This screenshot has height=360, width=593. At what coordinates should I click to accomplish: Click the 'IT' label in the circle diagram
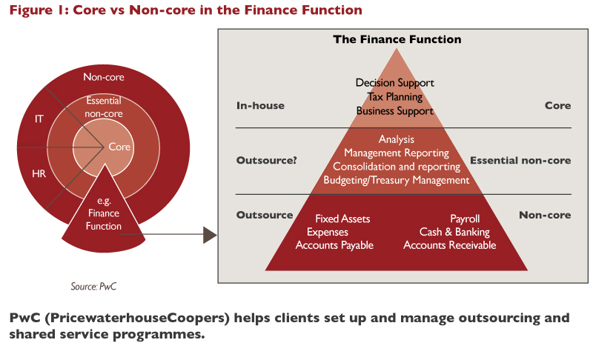point(39,118)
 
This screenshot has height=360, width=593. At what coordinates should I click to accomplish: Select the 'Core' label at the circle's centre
point(119,147)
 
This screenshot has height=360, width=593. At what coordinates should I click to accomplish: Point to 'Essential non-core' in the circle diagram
point(104,107)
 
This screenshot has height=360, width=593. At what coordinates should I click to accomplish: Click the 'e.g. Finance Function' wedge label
point(103,213)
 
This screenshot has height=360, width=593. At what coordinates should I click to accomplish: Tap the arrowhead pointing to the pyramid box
point(210,236)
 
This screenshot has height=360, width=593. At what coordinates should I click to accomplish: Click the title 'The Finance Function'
point(397,39)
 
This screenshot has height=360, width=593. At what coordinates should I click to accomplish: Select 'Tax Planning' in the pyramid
point(395,96)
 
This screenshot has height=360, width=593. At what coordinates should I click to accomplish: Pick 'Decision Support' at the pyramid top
point(395,82)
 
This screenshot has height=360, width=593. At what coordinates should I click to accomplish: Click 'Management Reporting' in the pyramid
point(396,153)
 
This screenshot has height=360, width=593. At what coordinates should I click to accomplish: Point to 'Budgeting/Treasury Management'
point(396,180)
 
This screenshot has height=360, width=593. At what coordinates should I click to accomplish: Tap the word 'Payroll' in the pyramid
point(465,219)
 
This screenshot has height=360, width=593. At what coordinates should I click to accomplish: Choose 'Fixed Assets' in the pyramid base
point(342,219)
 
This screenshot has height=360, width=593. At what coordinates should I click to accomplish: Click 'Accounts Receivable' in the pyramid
point(449,245)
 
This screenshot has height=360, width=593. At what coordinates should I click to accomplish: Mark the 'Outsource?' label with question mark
point(266,160)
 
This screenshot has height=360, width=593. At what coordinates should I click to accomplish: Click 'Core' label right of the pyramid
point(557,105)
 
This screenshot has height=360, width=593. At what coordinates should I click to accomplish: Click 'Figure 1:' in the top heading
point(38,10)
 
